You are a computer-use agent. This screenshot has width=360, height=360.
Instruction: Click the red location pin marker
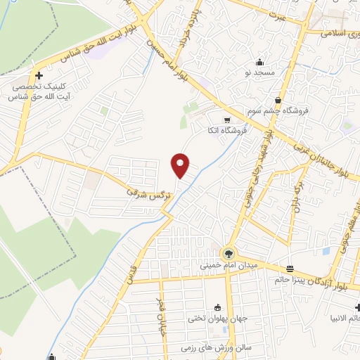point(180,165)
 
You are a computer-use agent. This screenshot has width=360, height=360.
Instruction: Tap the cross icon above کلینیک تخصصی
point(39,76)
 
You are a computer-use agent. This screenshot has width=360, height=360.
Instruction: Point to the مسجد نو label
point(260,72)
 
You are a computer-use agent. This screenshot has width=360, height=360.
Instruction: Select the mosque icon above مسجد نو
point(260,62)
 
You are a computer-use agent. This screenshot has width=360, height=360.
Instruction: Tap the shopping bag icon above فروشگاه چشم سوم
point(278,100)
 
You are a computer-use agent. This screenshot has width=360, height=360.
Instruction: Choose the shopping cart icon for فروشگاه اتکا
point(225,120)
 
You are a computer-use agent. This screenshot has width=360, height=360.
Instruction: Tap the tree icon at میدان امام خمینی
point(227,253)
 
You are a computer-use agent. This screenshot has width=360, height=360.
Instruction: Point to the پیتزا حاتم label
point(290,281)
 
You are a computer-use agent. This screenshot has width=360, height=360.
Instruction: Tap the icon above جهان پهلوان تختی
point(216,307)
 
